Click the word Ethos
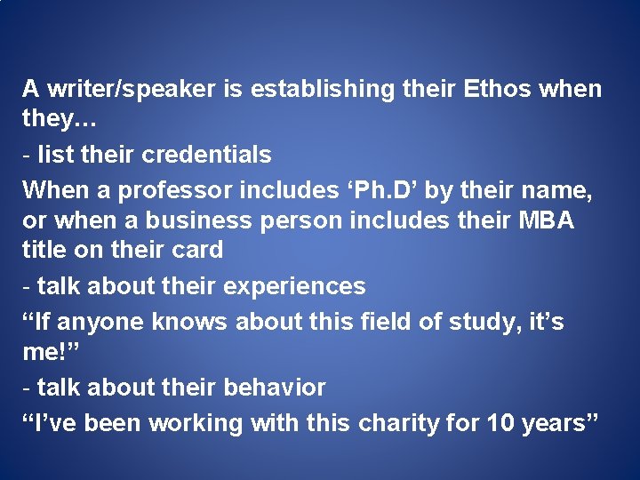pyautogui.click(x=492, y=89)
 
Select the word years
pyautogui.click(x=558, y=423)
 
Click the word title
pyautogui.click(x=44, y=250)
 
